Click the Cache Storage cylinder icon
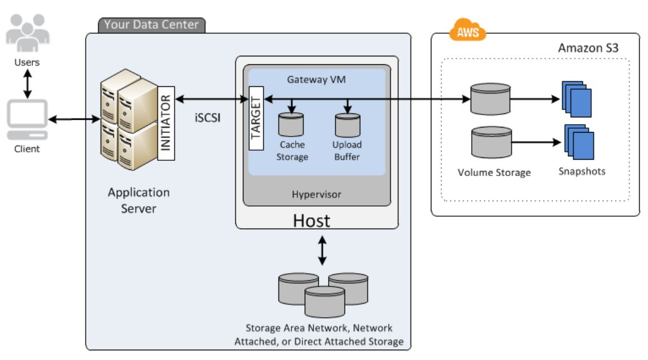pos(292,123)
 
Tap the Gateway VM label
pos(316,80)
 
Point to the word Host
pos(311,221)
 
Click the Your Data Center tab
pos(152,25)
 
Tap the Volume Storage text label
pos(494,173)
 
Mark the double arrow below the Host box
pos(322,251)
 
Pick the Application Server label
pos(139,200)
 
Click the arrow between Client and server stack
pos(74,119)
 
